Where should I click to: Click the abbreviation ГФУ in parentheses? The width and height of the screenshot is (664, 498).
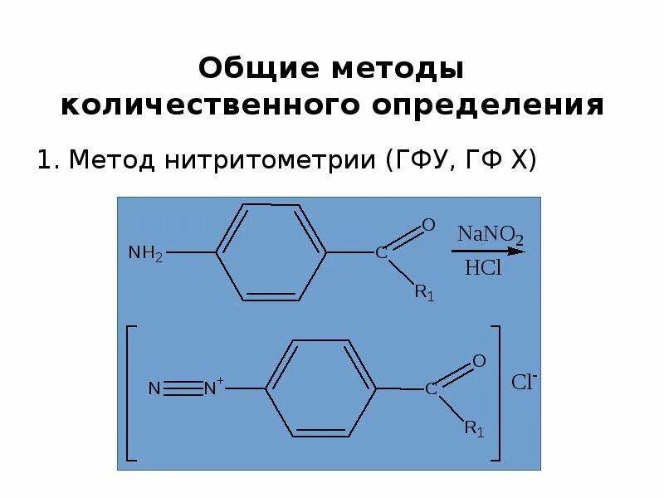pos(422,159)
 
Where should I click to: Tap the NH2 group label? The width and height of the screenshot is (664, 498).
pos(145,253)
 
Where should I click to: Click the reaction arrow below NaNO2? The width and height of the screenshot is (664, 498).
pos(490,250)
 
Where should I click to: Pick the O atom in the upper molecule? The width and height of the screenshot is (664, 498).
pos(429,225)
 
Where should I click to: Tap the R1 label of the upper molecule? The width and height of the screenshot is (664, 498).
pos(424,292)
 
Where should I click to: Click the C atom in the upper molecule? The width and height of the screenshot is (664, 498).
pos(381,253)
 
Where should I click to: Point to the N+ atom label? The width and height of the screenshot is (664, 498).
pos(214,388)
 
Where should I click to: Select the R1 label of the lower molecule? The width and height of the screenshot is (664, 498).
pos(474,428)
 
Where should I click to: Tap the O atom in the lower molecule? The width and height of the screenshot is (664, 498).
pos(479,361)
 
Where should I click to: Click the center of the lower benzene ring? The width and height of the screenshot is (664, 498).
pos(321,388)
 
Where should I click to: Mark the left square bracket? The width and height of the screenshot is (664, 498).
pos(129,392)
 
